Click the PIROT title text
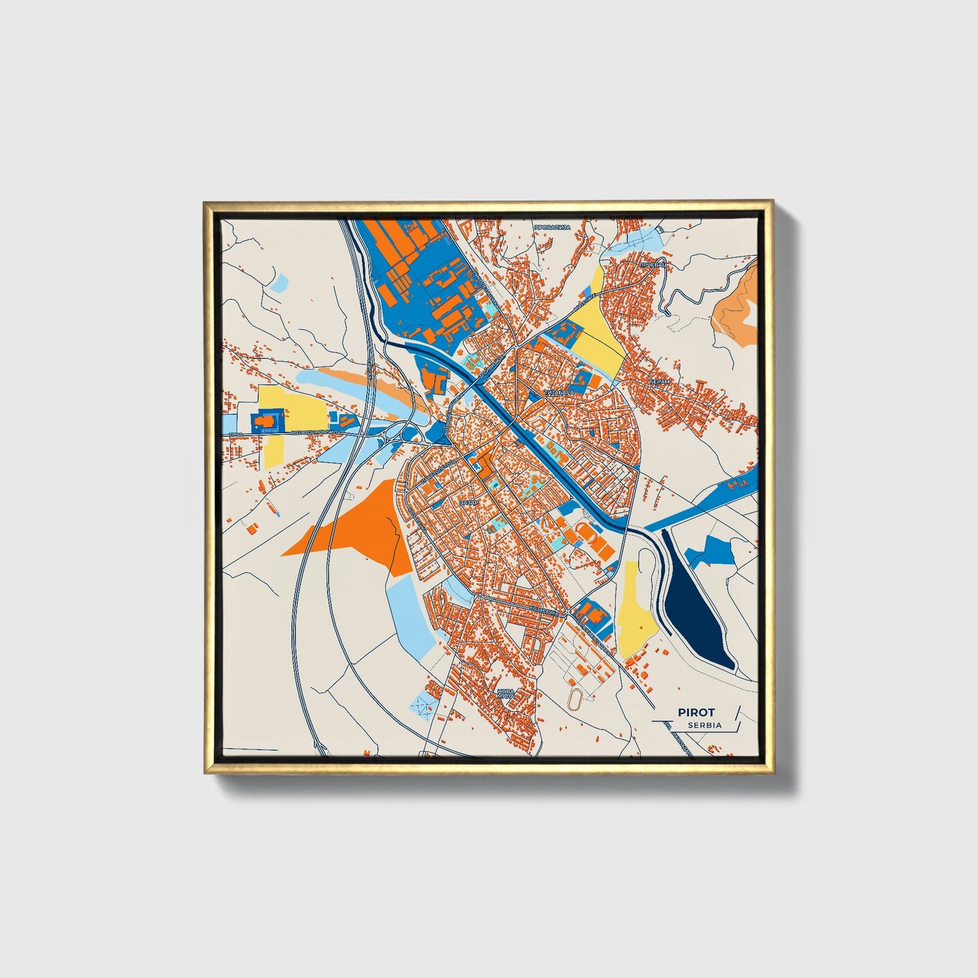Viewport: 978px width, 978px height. [x=696, y=713]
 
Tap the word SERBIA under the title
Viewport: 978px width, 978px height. [x=705, y=725]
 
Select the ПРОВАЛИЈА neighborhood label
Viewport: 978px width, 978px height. [x=552, y=227]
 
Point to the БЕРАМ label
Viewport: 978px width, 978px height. [x=659, y=382]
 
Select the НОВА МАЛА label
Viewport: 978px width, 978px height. [x=506, y=694]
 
